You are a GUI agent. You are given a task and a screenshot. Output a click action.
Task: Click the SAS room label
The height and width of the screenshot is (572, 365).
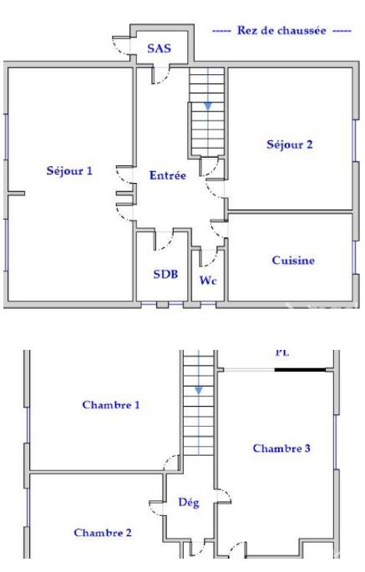click(x=160, y=48)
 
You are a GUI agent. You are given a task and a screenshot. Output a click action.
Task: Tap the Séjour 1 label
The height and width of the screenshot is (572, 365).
click(x=69, y=170)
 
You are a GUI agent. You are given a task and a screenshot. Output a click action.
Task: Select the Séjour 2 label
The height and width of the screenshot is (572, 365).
click(x=290, y=144)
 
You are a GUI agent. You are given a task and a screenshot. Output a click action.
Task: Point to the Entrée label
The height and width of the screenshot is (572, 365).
click(x=168, y=175)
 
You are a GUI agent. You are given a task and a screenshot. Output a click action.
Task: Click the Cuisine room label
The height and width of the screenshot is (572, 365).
click(x=293, y=261)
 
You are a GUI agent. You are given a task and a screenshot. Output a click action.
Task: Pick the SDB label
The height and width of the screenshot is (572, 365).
click(x=165, y=274)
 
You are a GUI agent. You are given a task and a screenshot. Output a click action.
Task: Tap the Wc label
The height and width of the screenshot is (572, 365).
click(x=208, y=281)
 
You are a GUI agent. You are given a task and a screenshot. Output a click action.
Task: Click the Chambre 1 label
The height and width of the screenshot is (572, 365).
click(x=111, y=405)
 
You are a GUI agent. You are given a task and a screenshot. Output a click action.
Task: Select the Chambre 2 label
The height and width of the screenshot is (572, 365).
click(x=103, y=533)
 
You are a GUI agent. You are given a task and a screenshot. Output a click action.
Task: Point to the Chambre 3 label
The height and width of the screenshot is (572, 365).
click(x=281, y=448)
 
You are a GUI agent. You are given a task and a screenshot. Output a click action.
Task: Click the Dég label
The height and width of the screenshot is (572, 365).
click(x=189, y=503)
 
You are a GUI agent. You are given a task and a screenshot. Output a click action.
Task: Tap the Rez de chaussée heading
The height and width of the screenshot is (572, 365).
click(x=281, y=30)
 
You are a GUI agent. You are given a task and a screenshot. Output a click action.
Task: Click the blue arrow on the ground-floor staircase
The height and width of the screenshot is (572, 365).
click(x=208, y=106)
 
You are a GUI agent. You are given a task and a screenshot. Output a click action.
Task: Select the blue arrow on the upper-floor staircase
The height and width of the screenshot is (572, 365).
click(x=199, y=391)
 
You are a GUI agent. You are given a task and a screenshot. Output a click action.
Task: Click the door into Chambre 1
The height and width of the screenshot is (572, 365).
click(x=170, y=462)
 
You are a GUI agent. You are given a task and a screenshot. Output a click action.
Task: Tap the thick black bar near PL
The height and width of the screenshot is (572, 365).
click(x=300, y=370)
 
